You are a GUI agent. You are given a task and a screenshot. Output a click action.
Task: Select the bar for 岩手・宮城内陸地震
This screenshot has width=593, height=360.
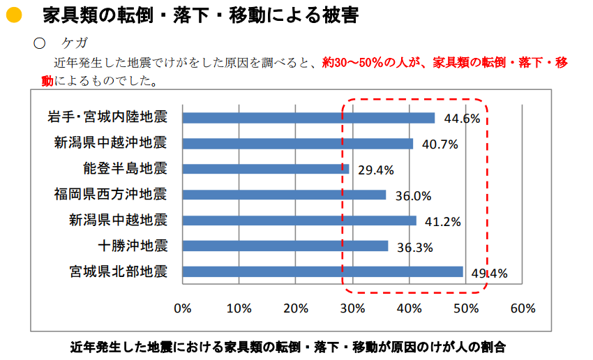pyautogui.click(x=308, y=118)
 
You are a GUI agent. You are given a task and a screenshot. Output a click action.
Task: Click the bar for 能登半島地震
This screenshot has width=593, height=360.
pyautogui.click(x=265, y=169)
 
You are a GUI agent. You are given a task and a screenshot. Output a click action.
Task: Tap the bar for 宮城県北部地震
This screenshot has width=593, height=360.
pyautogui.click(x=322, y=271)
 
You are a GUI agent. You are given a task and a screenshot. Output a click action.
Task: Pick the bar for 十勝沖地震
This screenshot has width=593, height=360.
pyautogui.click(x=285, y=246)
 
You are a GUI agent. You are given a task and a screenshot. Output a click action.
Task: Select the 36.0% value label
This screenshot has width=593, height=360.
pyautogui.click(x=413, y=196)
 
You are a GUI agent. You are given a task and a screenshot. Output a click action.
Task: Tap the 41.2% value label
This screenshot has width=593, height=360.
pyautogui.click(x=444, y=222)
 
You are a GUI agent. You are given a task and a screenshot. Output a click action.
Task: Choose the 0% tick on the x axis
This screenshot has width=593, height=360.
pyautogui.click(x=182, y=308)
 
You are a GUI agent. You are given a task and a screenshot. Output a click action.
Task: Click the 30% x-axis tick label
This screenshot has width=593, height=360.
pyautogui.click(x=352, y=308)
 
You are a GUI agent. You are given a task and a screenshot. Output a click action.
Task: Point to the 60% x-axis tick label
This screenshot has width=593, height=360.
pyautogui.click(x=523, y=308)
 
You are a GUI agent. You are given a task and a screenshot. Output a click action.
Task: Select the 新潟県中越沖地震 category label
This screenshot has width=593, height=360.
pyautogui.click(x=111, y=143)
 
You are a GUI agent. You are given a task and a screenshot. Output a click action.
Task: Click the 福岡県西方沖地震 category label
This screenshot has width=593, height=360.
pyautogui.click(x=111, y=194)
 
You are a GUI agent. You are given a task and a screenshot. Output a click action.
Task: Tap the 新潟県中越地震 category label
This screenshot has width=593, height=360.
pyautogui.click(x=118, y=220)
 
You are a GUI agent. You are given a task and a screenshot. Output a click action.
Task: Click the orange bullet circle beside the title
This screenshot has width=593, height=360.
pyautogui.click(x=13, y=15)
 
